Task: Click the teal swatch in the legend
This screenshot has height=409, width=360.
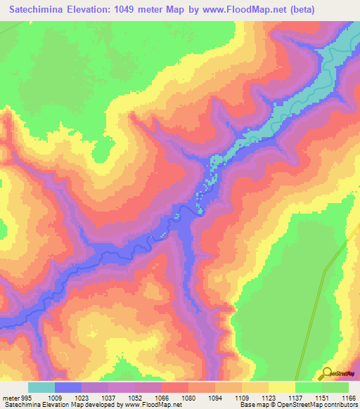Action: click(x=41, y=387)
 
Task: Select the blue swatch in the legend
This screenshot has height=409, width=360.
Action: click(x=68, y=387)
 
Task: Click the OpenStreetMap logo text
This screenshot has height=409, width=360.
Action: click(x=343, y=374)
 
